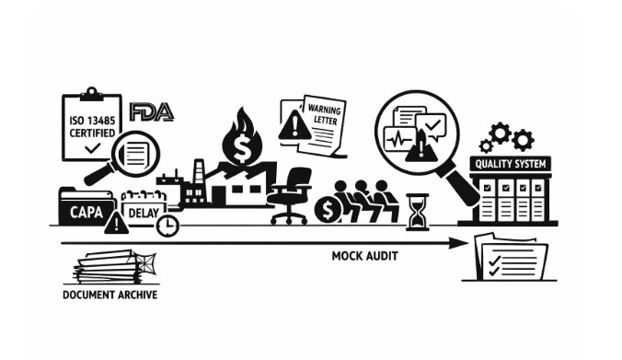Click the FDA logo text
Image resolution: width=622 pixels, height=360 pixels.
152,112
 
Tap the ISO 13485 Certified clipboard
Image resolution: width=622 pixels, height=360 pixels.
92,124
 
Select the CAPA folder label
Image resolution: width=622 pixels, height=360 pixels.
86,212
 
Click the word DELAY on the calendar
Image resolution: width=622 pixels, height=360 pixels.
144,213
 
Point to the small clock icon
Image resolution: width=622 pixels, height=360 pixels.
167,226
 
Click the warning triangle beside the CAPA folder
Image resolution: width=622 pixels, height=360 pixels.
116,224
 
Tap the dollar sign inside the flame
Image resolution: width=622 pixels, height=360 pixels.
241,147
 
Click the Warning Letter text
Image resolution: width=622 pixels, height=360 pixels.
325,114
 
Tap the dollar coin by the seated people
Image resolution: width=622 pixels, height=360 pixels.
328,210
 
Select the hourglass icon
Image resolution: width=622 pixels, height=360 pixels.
418,212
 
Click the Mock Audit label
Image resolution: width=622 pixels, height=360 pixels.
364,256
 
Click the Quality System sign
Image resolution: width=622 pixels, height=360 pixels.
510,164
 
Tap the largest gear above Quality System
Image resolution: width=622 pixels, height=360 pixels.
500,133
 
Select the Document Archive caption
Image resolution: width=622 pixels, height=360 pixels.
109,295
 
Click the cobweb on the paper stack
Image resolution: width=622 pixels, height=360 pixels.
144,263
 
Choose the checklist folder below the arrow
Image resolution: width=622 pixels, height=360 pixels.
511,257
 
